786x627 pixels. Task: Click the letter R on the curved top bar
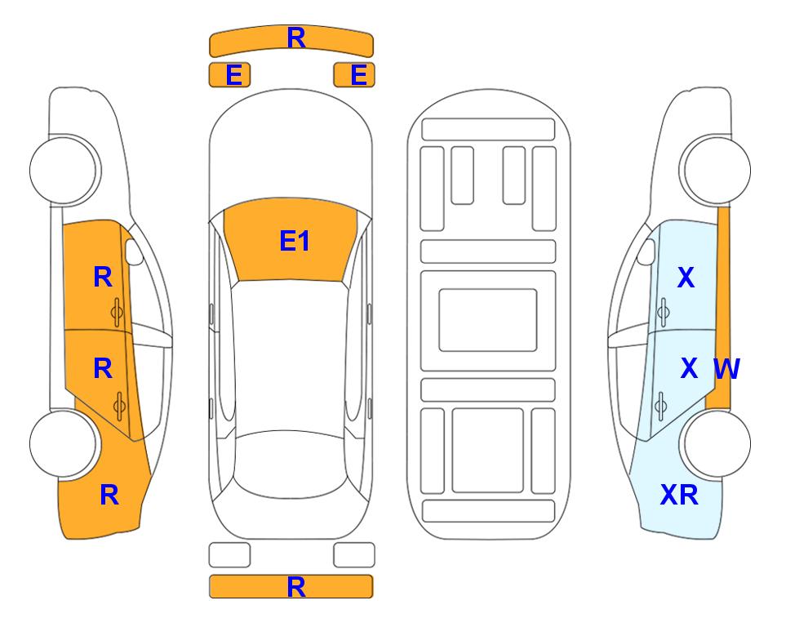(296, 38)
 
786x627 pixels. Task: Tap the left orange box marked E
(229, 75)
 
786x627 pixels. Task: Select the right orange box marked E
(354, 75)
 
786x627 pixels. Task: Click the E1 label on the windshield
(295, 241)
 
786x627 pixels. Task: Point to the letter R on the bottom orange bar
(296, 587)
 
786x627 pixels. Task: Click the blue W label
(726, 369)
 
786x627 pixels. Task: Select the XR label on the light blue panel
(679, 495)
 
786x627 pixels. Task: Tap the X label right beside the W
(689, 368)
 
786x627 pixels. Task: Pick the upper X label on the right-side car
(686, 277)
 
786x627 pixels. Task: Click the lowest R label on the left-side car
(109, 495)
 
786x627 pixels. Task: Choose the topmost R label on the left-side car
(103, 277)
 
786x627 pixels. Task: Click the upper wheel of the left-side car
(64, 171)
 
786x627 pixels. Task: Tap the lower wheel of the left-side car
(64, 443)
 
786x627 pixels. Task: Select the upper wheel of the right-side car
(716, 171)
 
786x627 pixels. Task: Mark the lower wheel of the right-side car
(716, 443)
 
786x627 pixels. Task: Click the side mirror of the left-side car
(133, 251)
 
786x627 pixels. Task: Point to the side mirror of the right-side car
(646, 251)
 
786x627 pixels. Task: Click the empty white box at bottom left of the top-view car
(229, 555)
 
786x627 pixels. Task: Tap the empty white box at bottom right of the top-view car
(354, 555)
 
